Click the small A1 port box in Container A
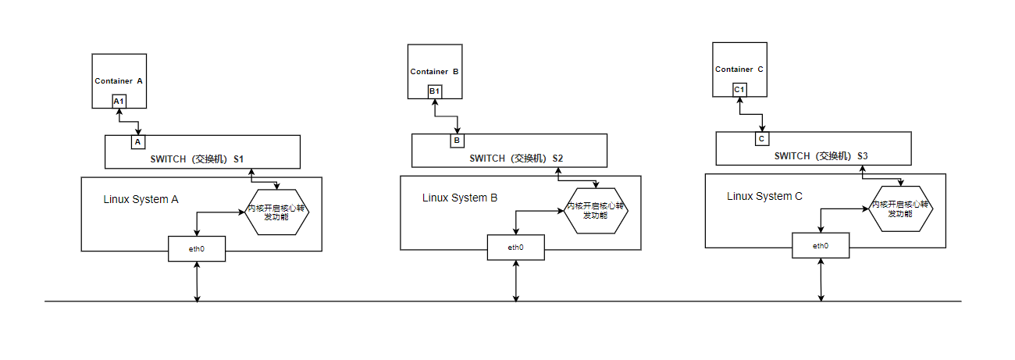(119, 102)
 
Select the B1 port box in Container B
(435, 92)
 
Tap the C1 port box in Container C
(739, 91)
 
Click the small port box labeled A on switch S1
(137, 142)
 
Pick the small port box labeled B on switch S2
(457, 141)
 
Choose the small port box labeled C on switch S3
(761, 139)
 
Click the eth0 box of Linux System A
(197, 249)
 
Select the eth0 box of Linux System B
(515, 248)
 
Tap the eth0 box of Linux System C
(821, 246)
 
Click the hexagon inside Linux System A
(277, 212)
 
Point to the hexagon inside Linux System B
(597, 211)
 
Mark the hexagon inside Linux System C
(901, 209)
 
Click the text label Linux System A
(141, 199)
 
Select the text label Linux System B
(460, 198)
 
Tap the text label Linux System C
(764, 196)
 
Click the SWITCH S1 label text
(197, 159)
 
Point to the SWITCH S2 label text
(516, 159)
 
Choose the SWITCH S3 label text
(821, 156)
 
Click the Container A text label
(119, 81)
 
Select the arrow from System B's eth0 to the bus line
(515, 280)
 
